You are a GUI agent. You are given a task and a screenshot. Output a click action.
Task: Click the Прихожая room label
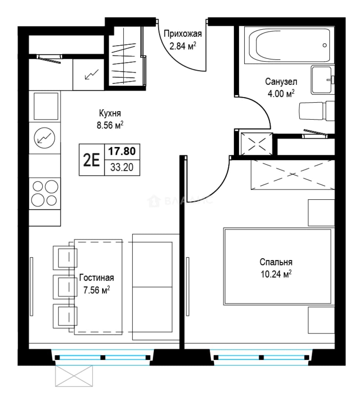[183, 34]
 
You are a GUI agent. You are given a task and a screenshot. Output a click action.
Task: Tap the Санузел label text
[281, 81]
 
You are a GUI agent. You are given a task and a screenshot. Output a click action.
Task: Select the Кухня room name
[110, 113]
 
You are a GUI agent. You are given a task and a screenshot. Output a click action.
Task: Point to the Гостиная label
[97, 277]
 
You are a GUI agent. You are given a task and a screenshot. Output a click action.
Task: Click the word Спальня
[276, 262]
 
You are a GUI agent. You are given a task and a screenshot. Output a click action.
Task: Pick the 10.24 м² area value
[276, 274]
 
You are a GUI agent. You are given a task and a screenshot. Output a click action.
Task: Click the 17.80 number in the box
[122, 151]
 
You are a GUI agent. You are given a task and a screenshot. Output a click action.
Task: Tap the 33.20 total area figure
[122, 167]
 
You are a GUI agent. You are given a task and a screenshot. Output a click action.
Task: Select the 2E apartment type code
[91, 160]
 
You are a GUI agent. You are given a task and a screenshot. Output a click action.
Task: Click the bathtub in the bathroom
[289, 45]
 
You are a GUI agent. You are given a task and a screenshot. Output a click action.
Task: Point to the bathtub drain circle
[324, 46]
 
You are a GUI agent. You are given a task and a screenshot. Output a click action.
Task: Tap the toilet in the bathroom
[316, 111]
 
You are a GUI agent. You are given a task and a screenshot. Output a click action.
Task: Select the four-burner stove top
[45, 193]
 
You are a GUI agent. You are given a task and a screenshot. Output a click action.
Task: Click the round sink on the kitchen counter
[45, 138]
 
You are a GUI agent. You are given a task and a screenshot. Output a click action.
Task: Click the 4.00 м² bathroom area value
[281, 94]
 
